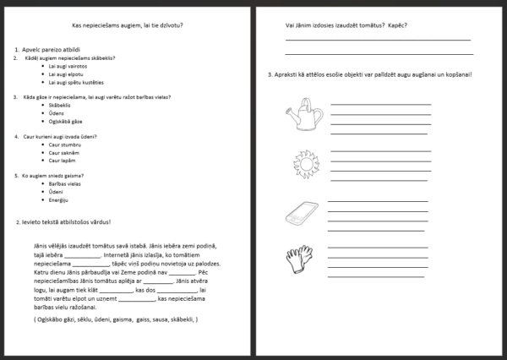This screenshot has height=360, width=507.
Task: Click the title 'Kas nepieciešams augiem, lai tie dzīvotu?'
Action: click(x=127, y=25)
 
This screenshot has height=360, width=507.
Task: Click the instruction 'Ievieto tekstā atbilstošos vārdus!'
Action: click(x=65, y=222)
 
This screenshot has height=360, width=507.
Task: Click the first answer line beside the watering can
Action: click(x=380, y=103)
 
